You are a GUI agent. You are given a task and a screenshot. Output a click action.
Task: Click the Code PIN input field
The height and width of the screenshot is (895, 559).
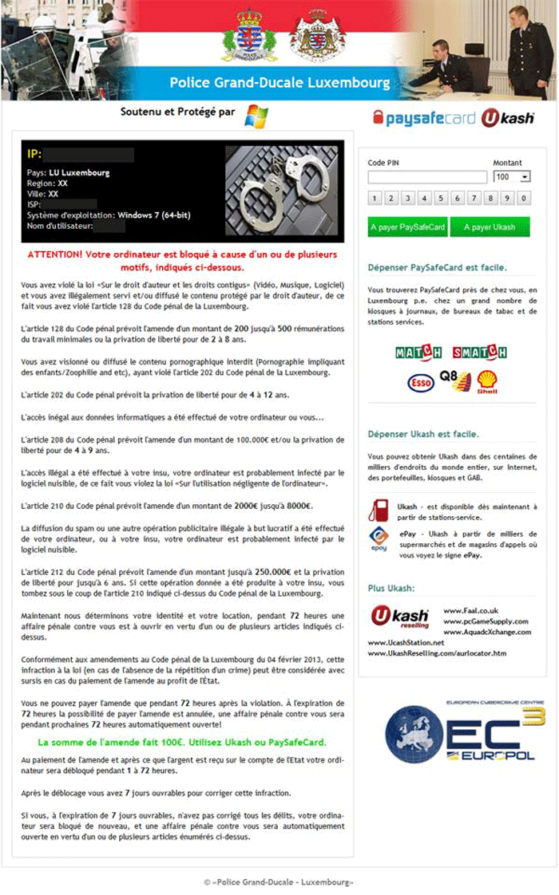(x=427, y=177)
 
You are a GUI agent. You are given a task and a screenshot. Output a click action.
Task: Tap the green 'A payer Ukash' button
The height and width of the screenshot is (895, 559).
(x=490, y=227)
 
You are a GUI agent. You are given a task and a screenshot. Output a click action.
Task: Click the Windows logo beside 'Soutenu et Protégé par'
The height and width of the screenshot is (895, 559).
(x=256, y=116)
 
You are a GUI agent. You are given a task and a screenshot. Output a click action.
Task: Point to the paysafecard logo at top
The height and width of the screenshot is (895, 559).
(x=424, y=119)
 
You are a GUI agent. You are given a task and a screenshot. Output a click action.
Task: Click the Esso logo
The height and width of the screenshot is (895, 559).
(x=421, y=383)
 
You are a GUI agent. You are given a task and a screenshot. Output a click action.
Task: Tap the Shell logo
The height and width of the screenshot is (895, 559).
(x=487, y=381)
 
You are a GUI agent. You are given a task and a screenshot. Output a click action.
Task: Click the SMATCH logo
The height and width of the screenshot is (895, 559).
(x=479, y=353)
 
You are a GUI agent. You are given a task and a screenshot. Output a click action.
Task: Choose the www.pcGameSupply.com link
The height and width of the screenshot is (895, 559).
(x=486, y=621)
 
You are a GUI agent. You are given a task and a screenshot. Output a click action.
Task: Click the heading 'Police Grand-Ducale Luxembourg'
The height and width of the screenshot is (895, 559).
(x=279, y=83)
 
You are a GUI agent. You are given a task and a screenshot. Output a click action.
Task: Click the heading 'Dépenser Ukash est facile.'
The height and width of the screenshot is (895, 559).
(x=423, y=434)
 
